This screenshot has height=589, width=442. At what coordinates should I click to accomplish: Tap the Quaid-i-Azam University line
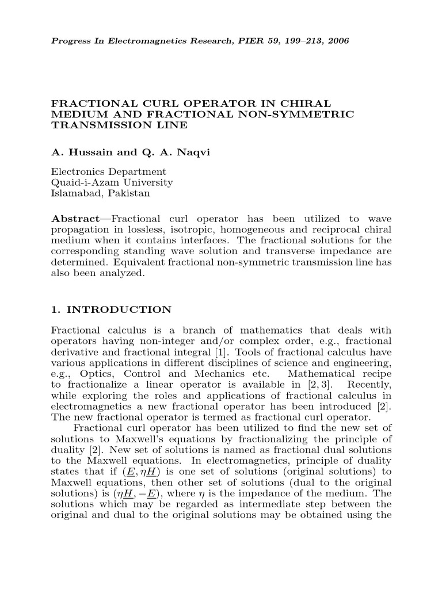coord(112,182)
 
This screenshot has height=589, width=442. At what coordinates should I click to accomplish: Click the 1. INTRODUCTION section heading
coord(111,310)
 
